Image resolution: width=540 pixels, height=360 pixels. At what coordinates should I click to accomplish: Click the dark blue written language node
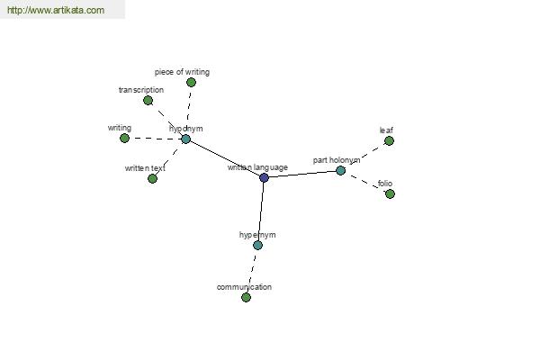pyautogui.click(x=264, y=178)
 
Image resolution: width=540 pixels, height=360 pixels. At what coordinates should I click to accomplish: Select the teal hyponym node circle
pyautogui.click(x=185, y=139)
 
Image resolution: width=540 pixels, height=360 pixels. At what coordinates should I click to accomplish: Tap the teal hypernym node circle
pyautogui.click(x=257, y=246)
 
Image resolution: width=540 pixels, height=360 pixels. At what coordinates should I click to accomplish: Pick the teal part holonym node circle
pyautogui.click(x=340, y=170)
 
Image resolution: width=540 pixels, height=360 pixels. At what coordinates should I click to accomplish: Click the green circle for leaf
pyautogui.click(x=389, y=141)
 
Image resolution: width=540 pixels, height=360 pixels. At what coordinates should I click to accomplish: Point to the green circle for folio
pyautogui.click(x=390, y=194)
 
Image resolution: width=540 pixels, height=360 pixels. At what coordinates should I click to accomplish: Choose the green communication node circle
pyautogui.click(x=246, y=297)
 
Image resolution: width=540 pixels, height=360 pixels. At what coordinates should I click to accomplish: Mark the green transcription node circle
pyautogui.click(x=148, y=101)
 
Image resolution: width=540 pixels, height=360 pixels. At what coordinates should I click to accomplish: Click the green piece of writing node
pyautogui.click(x=191, y=82)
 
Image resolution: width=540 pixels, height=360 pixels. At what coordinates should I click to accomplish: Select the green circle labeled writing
pyautogui.click(x=125, y=138)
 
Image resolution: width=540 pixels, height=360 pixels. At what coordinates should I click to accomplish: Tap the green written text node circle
pyautogui.click(x=152, y=179)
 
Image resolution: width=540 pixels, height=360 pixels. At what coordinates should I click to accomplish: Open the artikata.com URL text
pyautogui.click(x=56, y=10)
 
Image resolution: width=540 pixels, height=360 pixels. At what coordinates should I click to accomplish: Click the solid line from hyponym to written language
pyautogui.click(x=224, y=158)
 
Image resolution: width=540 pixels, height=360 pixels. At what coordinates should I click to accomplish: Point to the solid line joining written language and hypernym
pyautogui.click(x=261, y=211)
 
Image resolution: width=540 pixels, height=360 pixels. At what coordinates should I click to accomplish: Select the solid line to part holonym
pyautogui.click(x=302, y=175)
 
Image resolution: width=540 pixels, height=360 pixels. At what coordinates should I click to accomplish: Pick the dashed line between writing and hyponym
pyautogui.click(x=155, y=139)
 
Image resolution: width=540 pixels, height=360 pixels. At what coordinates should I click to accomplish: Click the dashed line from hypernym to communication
pyautogui.click(x=252, y=272)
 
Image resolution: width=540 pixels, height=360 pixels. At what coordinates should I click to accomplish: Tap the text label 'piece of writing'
pyautogui.click(x=182, y=72)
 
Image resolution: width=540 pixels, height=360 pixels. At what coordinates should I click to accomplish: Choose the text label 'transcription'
pyautogui.click(x=141, y=90)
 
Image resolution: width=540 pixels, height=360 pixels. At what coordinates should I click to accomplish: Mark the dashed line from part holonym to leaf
pyautogui.click(x=364, y=156)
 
